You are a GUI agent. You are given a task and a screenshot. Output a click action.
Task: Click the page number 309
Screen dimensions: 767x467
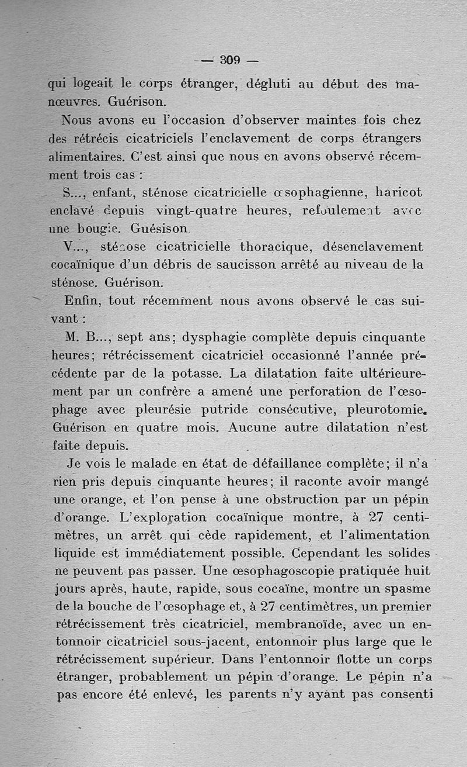(231, 60)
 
